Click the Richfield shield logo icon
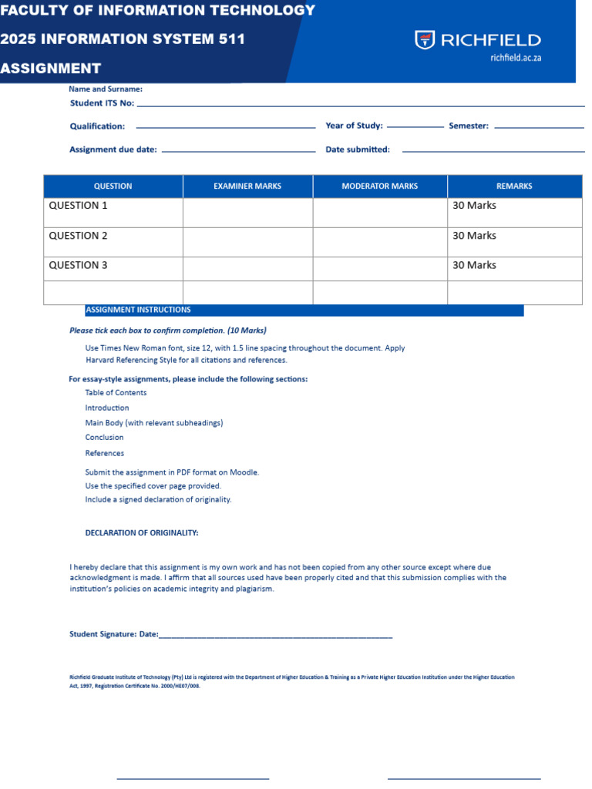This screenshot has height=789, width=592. click(425, 40)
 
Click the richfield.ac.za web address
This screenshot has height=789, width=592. click(515, 58)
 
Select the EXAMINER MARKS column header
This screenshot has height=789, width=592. click(247, 186)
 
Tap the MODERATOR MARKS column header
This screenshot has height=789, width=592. click(379, 186)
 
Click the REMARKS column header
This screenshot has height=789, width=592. click(514, 186)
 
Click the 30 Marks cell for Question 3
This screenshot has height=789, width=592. click(474, 265)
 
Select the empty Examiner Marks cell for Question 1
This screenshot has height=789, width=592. click(247, 213)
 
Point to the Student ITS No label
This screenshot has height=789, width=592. click(102, 103)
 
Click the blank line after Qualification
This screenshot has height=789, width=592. click(225, 127)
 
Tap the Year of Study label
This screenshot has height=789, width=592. click(354, 126)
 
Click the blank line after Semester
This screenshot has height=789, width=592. click(539, 127)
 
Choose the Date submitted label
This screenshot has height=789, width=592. click(358, 150)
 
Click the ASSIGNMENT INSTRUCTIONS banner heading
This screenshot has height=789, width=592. click(138, 310)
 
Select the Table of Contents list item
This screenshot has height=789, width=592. click(116, 393)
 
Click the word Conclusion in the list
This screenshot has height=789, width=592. click(104, 438)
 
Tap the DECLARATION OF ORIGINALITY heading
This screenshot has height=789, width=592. click(141, 533)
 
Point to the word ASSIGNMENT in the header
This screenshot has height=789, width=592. click(51, 69)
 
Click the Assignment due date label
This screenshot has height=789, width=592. click(113, 150)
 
